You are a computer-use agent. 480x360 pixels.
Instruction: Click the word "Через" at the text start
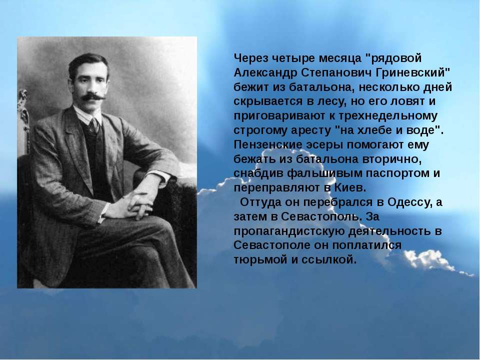tap(250, 58)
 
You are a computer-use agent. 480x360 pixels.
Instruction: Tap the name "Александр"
tap(265, 73)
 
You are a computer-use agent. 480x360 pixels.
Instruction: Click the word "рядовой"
tap(396, 58)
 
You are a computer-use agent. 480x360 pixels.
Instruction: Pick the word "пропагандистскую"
tap(289, 231)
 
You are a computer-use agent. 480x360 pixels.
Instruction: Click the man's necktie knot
tap(93, 123)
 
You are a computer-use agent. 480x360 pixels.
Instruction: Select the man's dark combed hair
tap(88, 63)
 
